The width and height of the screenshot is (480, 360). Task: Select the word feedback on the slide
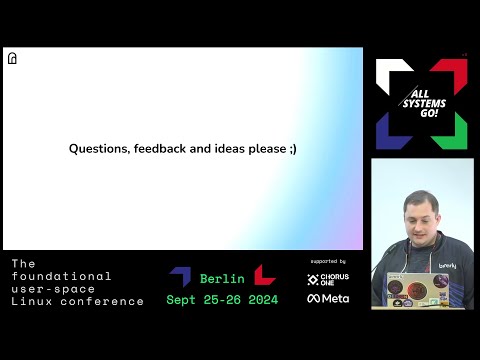coord(158,148)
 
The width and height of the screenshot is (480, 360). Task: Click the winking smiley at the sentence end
coord(292,148)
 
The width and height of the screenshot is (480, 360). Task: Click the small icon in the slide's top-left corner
coord(12,59)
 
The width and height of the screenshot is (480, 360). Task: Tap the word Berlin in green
coord(222,279)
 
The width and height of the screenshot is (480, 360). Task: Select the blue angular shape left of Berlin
coord(180,276)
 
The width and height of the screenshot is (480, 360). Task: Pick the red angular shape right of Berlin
coord(264,276)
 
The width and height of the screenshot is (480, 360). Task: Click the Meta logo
coord(328,298)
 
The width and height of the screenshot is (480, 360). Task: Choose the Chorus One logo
coord(328,279)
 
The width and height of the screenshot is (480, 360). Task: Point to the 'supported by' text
coord(328,262)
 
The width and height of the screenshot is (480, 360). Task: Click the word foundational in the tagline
coord(61,276)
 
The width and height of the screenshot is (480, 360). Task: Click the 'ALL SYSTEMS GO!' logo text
coord(421,101)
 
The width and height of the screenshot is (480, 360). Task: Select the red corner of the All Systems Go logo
coord(454,72)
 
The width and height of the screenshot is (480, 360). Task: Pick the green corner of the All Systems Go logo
coord(454,134)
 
